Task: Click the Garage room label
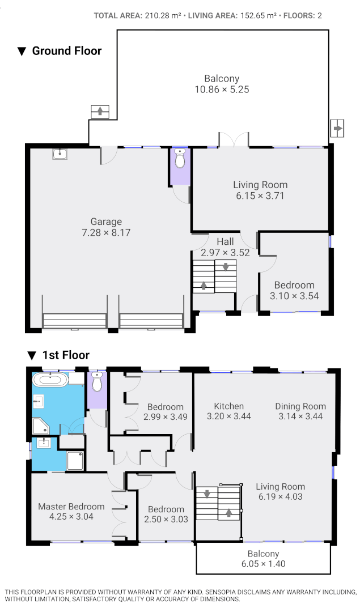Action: click(x=106, y=222)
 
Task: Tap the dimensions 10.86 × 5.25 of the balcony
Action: click(x=222, y=90)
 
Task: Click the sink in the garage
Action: click(x=60, y=154)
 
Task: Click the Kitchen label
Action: click(x=228, y=406)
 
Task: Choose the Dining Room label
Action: click(x=300, y=406)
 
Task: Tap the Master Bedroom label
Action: click(x=71, y=507)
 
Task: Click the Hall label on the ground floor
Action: click(x=225, y=242)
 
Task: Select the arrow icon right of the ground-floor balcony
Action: click(x=337, y=129)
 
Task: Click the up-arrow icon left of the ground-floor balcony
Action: click(x=100, y=111)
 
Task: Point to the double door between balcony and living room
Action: click(x=234, y=140)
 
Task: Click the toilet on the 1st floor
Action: click(x=97, y=384)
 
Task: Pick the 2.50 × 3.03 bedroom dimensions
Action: click(x=167, y=519)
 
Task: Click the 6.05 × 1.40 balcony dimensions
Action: click(x=263, y=564)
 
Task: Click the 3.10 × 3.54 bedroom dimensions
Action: click(x=294, y=295)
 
